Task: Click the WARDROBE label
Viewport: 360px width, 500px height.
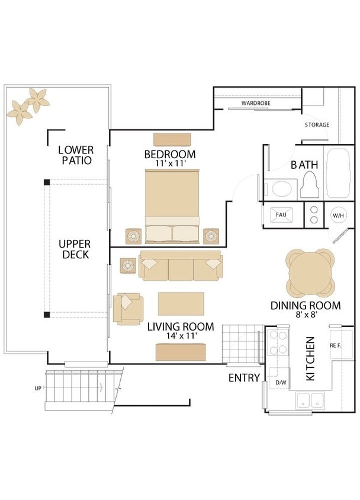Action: pos(256,103)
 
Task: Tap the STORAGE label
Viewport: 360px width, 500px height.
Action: pos(317,124)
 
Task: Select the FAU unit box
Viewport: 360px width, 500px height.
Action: pos(281,215)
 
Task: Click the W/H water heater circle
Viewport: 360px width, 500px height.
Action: pos(338,216)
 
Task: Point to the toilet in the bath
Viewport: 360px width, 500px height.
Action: pos(310,185)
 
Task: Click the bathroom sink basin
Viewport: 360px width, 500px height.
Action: pos(282,189)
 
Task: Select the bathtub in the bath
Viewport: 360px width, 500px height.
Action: pos(338,173)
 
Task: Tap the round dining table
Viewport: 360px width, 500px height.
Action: pos(311,273)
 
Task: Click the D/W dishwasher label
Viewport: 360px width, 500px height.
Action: pos(281,382)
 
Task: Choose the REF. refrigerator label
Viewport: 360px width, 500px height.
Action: pos(336,345)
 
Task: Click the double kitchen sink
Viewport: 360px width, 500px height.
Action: pos(310,400)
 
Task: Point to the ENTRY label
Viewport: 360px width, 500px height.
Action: pos(244,378)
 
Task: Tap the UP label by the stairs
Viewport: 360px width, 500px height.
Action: pos(38,389)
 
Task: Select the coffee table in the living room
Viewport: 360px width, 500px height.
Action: pos(181,303)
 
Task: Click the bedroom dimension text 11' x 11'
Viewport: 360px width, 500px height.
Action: pos(171,164)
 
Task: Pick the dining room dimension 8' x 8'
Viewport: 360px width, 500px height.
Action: pos(306,315)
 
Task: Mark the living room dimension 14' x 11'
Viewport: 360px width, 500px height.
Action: pos(181,336)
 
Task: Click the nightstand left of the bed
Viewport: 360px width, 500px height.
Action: pos(133,236)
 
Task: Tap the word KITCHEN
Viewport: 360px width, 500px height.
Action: pos(310,359)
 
